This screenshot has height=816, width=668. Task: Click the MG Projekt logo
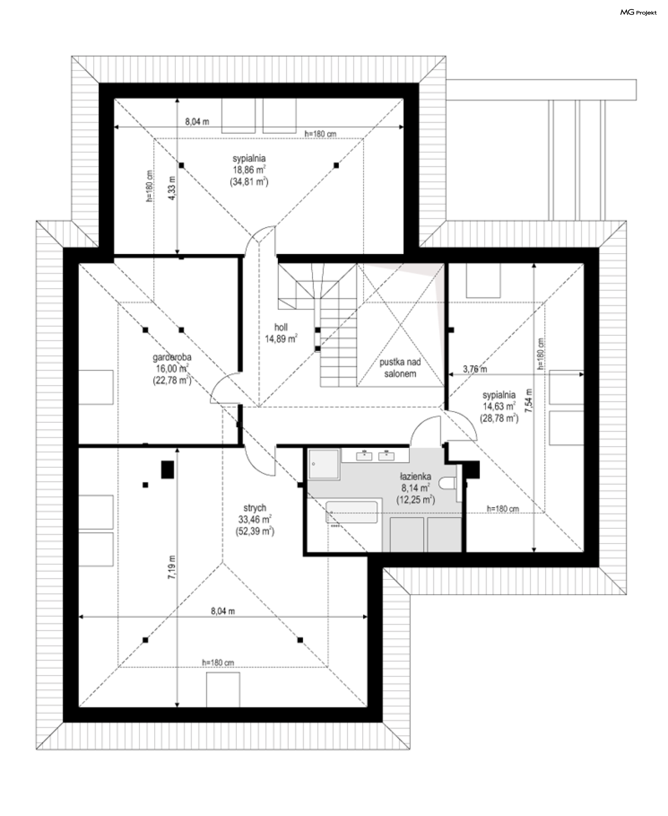click(638, 13)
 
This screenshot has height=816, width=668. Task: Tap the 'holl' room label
click(281, 327)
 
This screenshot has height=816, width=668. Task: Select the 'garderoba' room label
click(172, 357)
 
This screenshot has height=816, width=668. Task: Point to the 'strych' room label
click(255, 508)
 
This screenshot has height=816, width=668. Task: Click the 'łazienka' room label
click(415, 476)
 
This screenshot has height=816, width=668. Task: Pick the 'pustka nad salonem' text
click(400, 368)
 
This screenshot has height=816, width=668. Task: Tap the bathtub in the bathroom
click(352, 512)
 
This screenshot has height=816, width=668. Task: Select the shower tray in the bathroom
click(324, 464)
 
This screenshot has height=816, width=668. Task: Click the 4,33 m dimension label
click(172, 188)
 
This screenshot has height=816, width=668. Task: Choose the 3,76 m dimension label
click(475, 369)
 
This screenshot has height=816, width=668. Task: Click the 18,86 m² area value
click(248, 170)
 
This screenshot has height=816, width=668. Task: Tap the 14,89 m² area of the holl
click(281, 339)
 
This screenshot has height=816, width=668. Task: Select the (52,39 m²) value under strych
click(255, 531)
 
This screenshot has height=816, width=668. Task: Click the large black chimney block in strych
click(167, 470)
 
